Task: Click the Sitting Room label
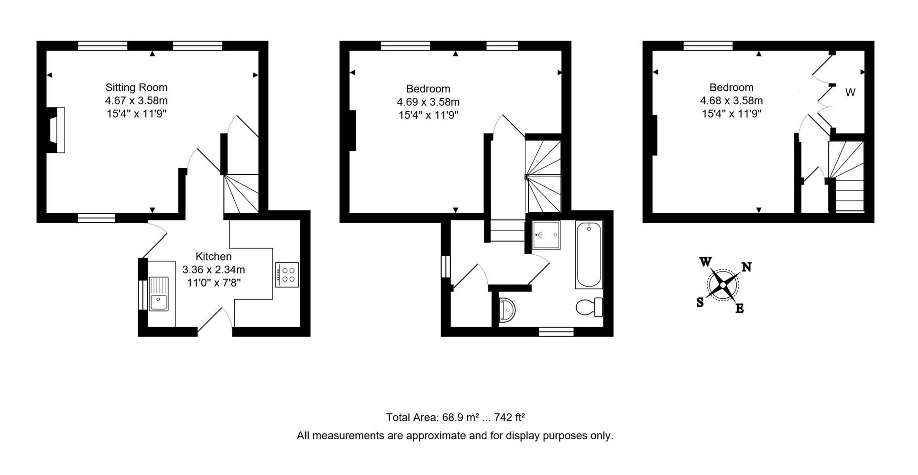click(x=136, y=87)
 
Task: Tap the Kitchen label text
click(x=213, y=257)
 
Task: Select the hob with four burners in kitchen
click(x=287, y=275)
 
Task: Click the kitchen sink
click(x=158, y=293)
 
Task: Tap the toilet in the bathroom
click(x=590, y=307)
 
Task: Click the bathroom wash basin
click(x=507, y=310)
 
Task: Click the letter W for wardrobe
click(x=850, y=93)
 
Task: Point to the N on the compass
click(x=746, y=267)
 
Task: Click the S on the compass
click(x=700, y=302)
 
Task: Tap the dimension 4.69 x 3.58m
click(x=428, y=102)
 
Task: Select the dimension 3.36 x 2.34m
click(x=213, y=270)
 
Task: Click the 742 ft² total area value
click(x=510, y=418)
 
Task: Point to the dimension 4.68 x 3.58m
click(x=731, y=101)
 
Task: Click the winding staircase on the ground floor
click(x=241, y=193)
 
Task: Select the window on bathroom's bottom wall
click(x=556, y=332)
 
